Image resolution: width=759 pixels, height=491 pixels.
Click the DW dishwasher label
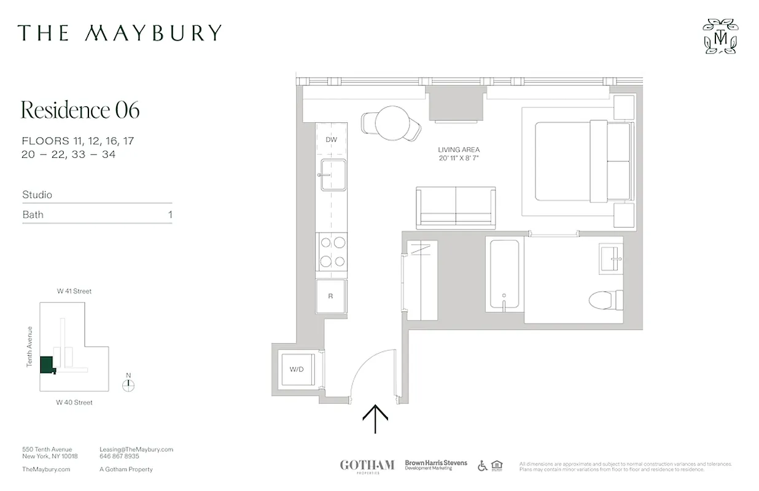pyautogui.click(x=332, y=140)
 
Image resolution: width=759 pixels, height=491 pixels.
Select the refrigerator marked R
pyautogui.click(x=331, y=296)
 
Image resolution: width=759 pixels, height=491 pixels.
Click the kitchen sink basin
pyautogui.click(x=333, y=175)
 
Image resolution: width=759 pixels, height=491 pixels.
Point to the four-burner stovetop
pyautogui.click(x=332, y=252)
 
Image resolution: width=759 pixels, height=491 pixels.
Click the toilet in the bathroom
pyautogui.click(x=605, y=300)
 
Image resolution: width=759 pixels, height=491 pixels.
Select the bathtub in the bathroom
pyautogui.click(x=504, y=275)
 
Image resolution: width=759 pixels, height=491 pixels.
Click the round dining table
pyautogui.click(x=392, y=123)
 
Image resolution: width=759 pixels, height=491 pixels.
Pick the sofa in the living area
pyautogui.click(x=456, y=207)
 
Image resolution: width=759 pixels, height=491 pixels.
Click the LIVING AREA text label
pyautogui.click(x=459, y=150)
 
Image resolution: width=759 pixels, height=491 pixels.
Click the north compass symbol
pyautogui.click(x=128, y=385)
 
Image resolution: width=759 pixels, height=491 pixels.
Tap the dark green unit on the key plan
pyautogui.click(x=46, y=365)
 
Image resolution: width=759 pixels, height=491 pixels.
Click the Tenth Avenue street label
pyautogui.click(x=29, y=347)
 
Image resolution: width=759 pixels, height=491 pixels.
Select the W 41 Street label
pyautogui.click(x=74, y=292)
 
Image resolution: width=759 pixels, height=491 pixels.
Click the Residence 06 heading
pyautogui.click(x=80, y=110)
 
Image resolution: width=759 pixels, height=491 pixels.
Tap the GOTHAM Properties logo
pyautogui.click(x=367, y=466)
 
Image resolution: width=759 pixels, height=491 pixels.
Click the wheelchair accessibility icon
pyautogui.click(x=483, y=466)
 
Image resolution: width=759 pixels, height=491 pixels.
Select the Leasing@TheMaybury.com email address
pyautogui.click(x=136, y=449)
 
